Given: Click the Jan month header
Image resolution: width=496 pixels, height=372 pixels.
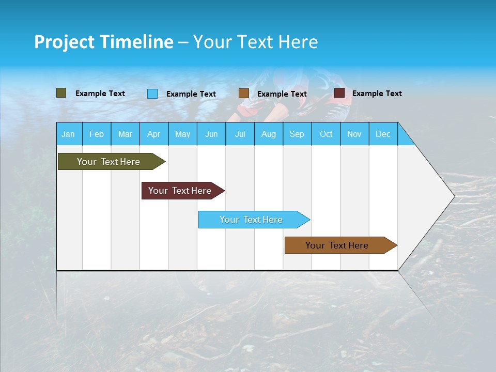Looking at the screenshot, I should [68, 134].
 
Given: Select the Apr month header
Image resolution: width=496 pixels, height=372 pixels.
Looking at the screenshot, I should [153, 134].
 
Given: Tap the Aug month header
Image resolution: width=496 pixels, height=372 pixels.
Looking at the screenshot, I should [268, 134].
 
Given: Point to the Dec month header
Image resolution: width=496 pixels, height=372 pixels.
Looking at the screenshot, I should [383, 134].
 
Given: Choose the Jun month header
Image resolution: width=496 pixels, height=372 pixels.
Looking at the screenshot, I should [211, 134].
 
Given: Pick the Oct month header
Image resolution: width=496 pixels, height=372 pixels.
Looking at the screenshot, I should [326, 134].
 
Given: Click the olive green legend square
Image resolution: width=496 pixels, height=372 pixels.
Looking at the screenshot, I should [61, 93].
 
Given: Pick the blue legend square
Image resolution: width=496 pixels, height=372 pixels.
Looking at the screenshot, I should [152, 94].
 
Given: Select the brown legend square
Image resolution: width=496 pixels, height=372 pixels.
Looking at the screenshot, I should [243, 94].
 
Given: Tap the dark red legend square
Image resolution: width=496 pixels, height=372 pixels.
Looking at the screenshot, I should [339, 93].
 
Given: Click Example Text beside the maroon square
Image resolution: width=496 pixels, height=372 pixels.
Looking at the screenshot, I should [377, 94].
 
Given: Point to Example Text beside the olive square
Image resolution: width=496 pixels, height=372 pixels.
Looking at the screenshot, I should [100, 94].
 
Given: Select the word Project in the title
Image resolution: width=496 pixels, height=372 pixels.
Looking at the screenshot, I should [64, 42].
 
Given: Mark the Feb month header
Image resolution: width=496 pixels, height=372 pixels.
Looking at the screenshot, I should [96, 134].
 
